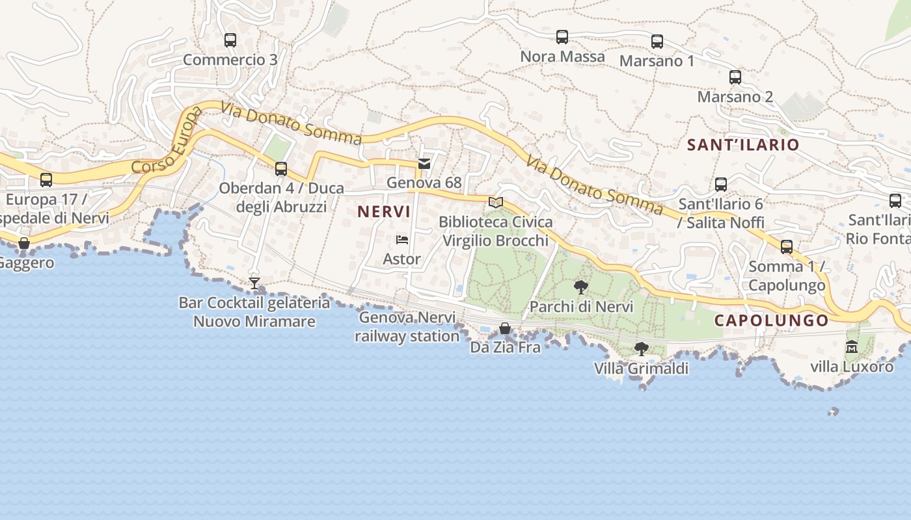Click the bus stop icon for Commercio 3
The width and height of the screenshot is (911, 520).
[230, 40]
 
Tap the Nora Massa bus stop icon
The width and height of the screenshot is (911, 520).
[562, 37]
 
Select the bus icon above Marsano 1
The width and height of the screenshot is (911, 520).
[657, 42]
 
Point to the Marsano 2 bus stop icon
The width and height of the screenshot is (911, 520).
[735, 77]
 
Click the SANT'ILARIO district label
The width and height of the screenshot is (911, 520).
[743, 145]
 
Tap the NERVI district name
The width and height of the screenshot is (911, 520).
[384, 212]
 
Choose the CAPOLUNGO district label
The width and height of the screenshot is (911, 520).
[771, 320]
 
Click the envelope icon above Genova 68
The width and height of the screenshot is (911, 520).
[424, 164]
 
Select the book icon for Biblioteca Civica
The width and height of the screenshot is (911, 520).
[496, 202]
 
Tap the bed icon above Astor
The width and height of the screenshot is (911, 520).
[402, 240]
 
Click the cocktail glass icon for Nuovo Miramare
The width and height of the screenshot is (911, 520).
[254, 283]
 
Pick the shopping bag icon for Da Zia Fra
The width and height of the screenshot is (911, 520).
[505, 328]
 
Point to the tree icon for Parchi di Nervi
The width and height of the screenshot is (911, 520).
[581, 287]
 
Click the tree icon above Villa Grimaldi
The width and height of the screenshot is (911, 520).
[641, 349]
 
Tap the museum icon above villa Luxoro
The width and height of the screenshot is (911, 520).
[852, 347]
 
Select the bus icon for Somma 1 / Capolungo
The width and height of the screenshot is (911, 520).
[787, 247]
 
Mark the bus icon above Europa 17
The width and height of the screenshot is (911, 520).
[46, 179]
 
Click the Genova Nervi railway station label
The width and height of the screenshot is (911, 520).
[407, 327]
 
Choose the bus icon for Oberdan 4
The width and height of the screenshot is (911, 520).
[281, 169]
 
